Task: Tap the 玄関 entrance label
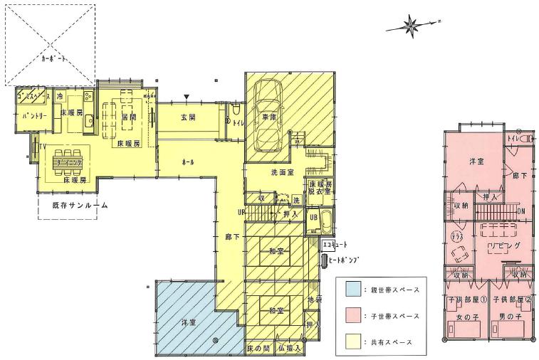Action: click(x=188, y=117)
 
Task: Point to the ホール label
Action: click(x=189, y=162)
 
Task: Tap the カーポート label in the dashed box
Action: click(x=54, y=60)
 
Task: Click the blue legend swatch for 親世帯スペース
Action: click(x=352, y=290)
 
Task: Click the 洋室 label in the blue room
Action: click(x=189, y=322)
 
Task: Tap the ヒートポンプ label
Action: click(x=347, y=260)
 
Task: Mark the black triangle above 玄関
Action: click(x=186, y=97)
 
